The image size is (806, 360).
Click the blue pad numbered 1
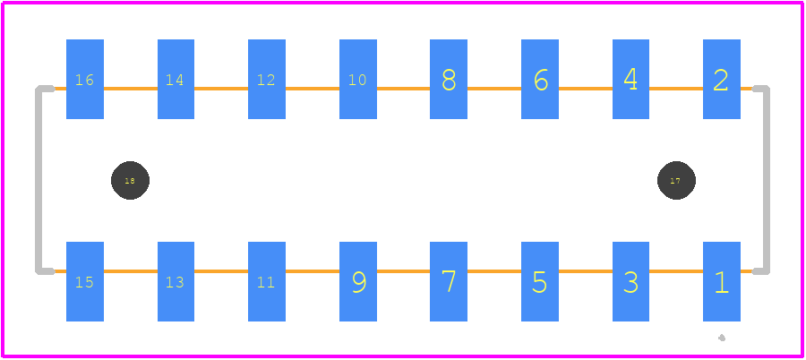pyautogui.click(x=722, y=281)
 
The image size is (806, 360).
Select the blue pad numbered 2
pyautogui.click(x=722, y=79)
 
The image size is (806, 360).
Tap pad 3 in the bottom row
pyautogui.click(x=630, y=281)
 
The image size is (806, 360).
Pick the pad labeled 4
pyautogui.click(x=630, y=79)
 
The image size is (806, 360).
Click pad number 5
pyautogui.click(x=540, y=281)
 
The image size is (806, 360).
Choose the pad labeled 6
pyautogui.click(x=540, y=79)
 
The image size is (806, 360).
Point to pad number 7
pyautogui.click(x=449, y=281)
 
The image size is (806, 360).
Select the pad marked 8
pyautogui.click(x=449, y=79)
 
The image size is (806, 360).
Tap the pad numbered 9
pyautogui.click(x=358, y=281)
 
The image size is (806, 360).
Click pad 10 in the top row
pyautogui.click(x=358, y=79)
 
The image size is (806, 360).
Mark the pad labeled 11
pyautogui.click(x=267, y=281)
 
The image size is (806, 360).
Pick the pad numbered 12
pyautogui.click(x=267, y=79)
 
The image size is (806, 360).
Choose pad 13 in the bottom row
pyautogui.click(x=176, y=281)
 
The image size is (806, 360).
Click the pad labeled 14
pyautogui.click(x=176, y=79)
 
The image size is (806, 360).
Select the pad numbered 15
pyautogui.click(x=85, y=281)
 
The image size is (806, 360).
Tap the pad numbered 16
pyautogui.click(x=85, y=79)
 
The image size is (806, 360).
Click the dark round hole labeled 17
pyautogui.click(x=676, y=181)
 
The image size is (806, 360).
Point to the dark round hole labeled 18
pyautogui.click(x=130, y=181)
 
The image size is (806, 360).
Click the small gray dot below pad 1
pyautogui.click(x=722, y=338)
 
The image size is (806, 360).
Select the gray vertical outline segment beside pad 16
pyautogui.click(x=38, y=180)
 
